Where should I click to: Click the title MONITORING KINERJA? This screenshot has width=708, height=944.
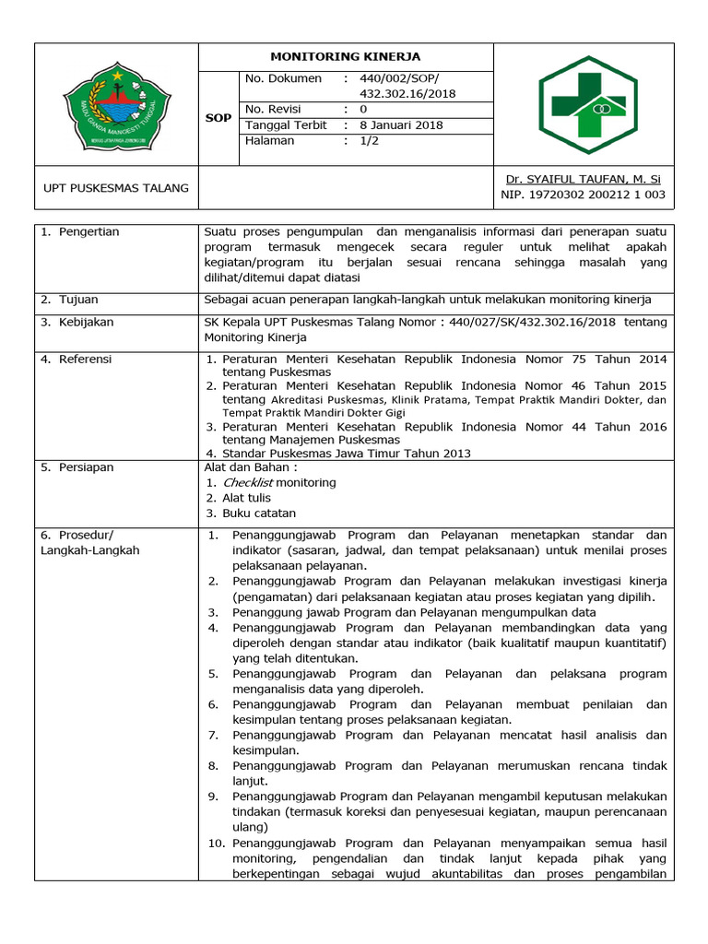[x=346, y=56]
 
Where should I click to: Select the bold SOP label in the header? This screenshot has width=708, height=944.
[x=218, y=118]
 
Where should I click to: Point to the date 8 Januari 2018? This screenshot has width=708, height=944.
[x=401, y=125]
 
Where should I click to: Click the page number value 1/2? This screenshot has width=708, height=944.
[x=369, y=141]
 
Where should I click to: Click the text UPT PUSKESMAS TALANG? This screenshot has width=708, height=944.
[x=116, y=188]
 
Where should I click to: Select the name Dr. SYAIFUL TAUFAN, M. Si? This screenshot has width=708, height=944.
[x=583, y=179]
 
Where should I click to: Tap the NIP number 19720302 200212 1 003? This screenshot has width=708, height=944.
[x=583, y=195]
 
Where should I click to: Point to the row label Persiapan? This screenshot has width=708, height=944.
[x=87, y=467]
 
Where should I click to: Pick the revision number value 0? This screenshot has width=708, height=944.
[x=363, y=110]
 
